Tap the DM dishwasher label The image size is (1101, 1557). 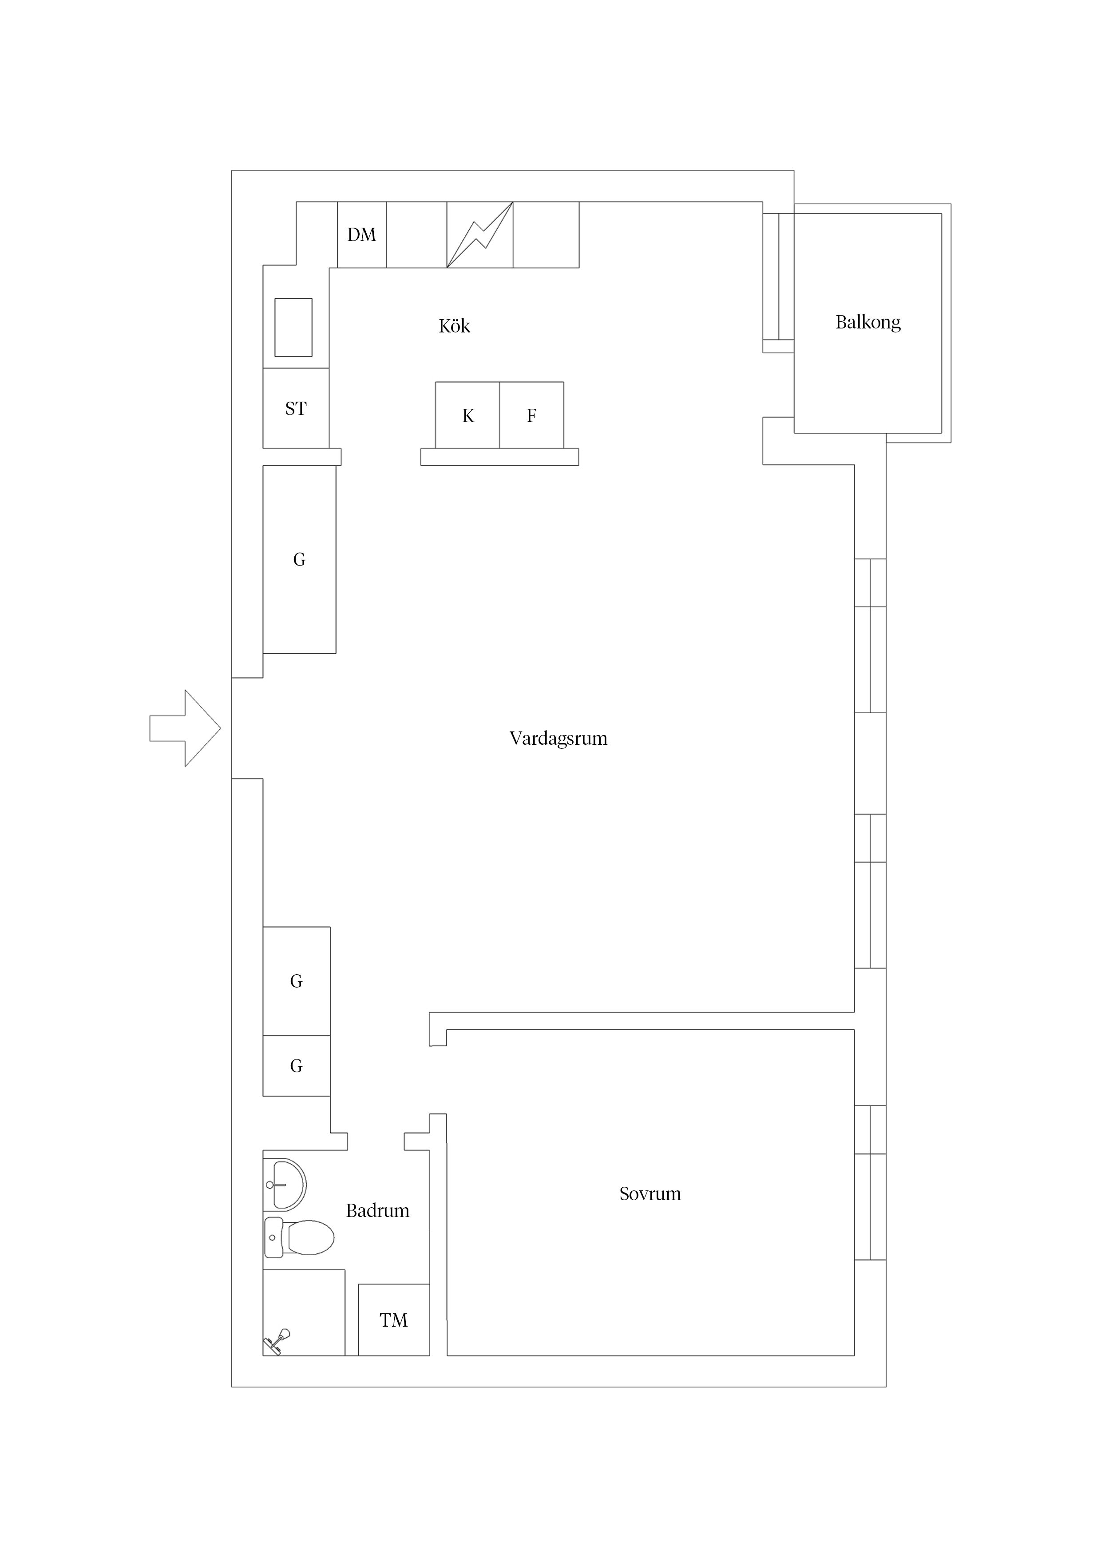[x=361, y=235]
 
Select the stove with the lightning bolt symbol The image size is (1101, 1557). [x=479, y=235]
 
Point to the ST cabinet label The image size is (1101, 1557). [x=296, y=408]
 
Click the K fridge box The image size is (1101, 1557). [x=467, y=415]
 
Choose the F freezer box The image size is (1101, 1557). [x=531, y=415]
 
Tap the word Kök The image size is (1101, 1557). [x=454, y=326]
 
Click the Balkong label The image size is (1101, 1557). [x=867, y=322]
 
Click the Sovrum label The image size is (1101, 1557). [x=649, y=1193]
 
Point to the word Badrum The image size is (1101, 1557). [x=377, y=1210]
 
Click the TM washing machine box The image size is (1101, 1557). [x=393, y=1320]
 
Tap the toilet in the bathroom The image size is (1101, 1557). [x=302, y=1237]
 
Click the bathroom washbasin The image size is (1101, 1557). [x=286, y=1185]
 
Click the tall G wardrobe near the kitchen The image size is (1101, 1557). [x=299, y=559]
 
